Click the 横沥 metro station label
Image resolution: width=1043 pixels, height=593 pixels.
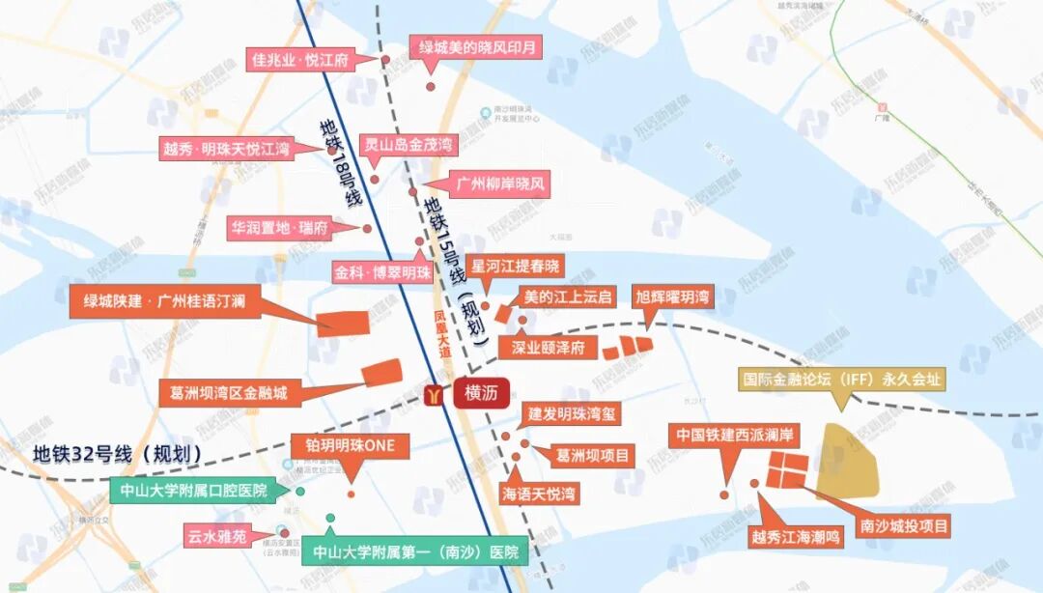[480, 393]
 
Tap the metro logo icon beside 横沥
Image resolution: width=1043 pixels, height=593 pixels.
[436, 394]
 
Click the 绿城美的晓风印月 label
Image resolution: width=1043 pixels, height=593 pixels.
[477, 46]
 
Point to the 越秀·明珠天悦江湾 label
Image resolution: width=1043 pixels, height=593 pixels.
[226, 149]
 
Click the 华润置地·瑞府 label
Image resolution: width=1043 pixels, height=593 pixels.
[280, 228]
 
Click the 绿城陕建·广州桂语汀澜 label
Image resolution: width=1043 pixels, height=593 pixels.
[164, 301]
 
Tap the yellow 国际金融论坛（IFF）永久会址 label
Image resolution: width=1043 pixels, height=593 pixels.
[842, 380]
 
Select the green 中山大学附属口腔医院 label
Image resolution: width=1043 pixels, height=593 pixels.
[193, 490]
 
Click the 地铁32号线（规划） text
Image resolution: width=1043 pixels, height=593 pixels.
[117, 453]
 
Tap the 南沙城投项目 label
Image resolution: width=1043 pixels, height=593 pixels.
[904, 526]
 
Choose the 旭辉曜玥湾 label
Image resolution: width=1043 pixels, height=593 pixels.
[672, 296]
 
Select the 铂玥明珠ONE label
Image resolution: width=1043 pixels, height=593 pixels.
[351, 446]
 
